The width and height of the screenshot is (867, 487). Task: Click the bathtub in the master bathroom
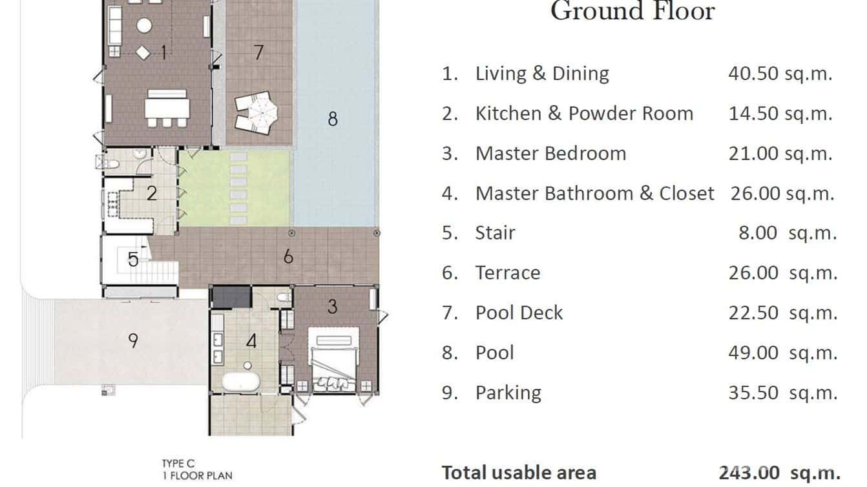point(241,382)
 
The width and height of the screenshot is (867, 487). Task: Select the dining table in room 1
point(167,109)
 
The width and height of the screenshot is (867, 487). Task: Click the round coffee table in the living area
point(144,26)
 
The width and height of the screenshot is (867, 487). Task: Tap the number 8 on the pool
point(333,119)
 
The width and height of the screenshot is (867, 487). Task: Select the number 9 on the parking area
point(132,340)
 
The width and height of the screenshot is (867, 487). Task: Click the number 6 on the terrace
point(288,256)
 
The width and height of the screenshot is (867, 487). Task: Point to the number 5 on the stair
point(132,259)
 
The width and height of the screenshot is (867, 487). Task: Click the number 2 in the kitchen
point(152,193)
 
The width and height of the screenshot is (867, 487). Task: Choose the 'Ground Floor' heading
point(632,11)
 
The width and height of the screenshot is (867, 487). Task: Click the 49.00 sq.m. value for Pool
point(782,353)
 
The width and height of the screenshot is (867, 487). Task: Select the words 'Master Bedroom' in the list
point(551,154)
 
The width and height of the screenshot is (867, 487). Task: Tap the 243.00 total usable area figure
point(749,473)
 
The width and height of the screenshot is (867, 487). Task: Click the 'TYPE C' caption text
point(178,463)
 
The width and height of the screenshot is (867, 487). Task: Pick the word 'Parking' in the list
point(508,393)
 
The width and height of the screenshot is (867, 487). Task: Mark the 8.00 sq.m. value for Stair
point(788,233)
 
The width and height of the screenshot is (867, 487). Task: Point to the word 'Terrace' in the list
point(508,273)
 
